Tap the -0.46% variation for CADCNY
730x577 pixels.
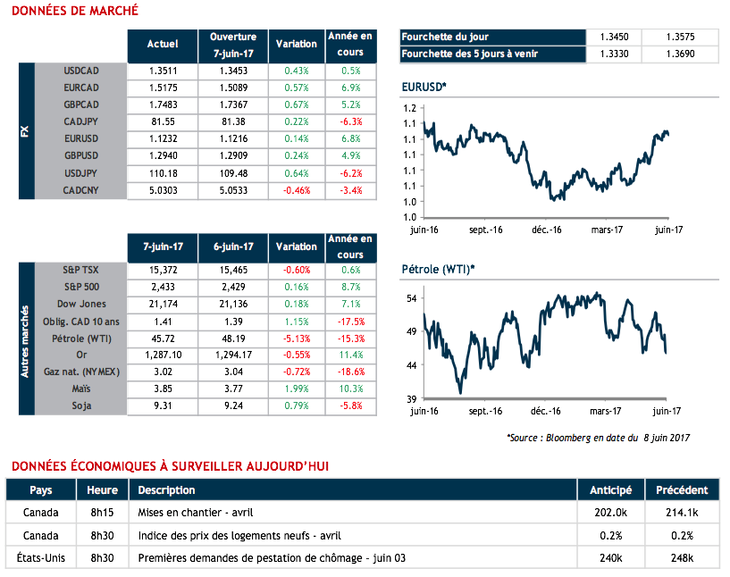(x=296, y=190)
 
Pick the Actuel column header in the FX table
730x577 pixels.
(x=162, y=43)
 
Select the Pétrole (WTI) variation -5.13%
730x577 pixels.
(x=296, y=338)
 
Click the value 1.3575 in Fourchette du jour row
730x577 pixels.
(x=680, y=37)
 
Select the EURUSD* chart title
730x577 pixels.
(x=424, y=87)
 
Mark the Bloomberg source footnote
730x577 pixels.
(x=598, y=438)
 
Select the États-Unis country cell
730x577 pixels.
(x=41, y=559)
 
